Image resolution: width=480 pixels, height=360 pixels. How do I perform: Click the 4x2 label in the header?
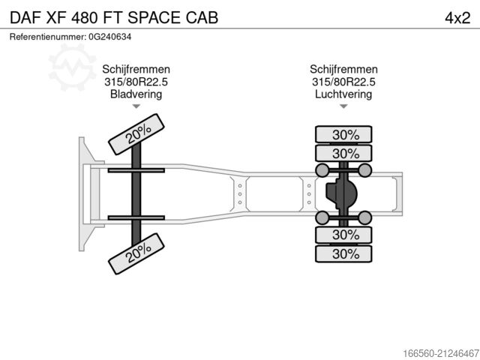(x=457, y=17)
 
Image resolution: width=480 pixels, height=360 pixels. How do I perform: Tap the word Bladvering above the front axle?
(x=136, y=94)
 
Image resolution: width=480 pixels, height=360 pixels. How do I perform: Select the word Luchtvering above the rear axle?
(x=343, y=94)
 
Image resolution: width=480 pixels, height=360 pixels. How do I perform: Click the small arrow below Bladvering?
(x=136, y=107)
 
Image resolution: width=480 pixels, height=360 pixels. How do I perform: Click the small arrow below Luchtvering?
(x=343, y=107)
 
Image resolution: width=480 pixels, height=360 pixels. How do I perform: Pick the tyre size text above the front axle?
(x=136, y=82)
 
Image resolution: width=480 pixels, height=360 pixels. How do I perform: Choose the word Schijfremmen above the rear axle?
(x=343, y=69)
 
